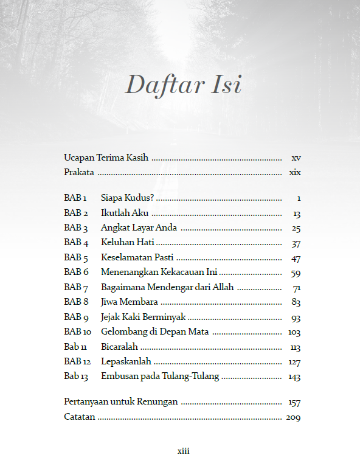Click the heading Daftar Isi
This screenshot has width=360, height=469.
pos(183,85)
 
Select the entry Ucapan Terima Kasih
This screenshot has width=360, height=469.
pos(106,158)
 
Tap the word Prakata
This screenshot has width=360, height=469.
pos(79,172)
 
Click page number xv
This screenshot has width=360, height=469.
pos(296,158)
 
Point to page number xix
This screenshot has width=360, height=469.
pos(295,172)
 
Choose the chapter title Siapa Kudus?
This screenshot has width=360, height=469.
pos(128,198)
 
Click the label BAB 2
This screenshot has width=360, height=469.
pos(76,214)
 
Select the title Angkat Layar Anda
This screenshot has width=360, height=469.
pos(139,228)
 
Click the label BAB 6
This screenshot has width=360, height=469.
pos(76,273)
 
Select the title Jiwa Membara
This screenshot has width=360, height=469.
pos(130,302)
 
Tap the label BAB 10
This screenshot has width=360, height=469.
pos(77,332)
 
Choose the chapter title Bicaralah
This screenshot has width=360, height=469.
pos(119,347)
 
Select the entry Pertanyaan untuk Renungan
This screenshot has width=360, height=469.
pos(121,402)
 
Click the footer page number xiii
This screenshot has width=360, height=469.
pos(183,451)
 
